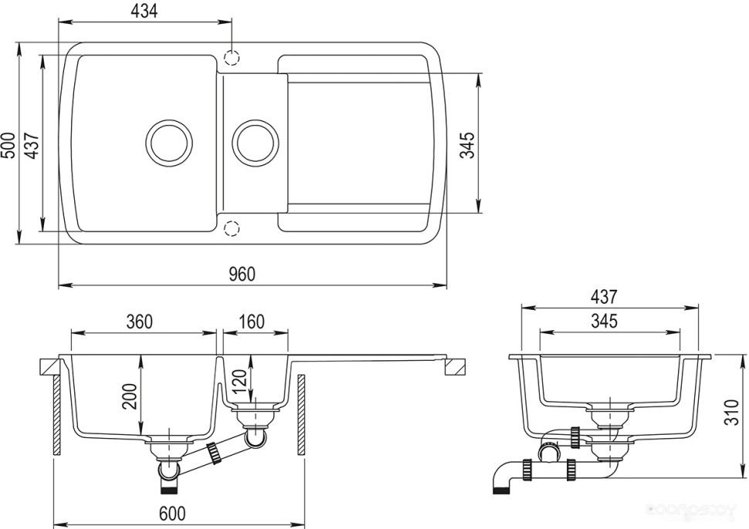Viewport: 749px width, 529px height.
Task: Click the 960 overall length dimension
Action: (242, 274)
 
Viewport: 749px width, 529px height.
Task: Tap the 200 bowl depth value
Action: (130, 396)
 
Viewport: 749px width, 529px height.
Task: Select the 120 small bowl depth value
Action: (238, 379)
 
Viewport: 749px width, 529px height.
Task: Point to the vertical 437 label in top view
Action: (32, 144)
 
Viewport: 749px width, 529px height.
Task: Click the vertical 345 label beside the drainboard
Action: (467, 144)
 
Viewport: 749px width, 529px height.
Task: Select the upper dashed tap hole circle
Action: (230, 57)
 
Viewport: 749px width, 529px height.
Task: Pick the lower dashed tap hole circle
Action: (230, 227)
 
